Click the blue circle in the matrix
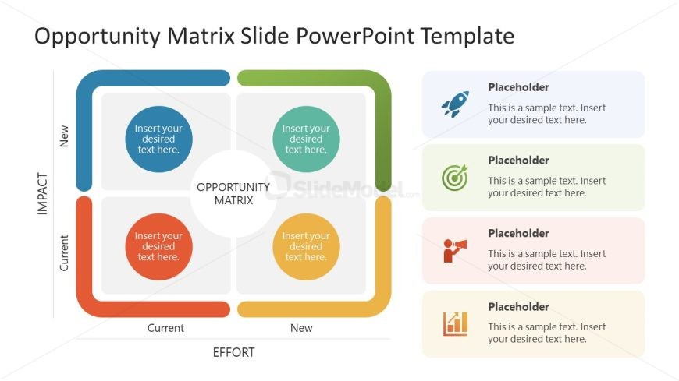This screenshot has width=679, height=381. [x=158, y=139]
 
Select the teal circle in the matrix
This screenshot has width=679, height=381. [x=306, y=139]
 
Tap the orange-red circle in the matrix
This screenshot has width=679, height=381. [x=158, y=246]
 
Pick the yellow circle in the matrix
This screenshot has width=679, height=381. [x=306, y=246]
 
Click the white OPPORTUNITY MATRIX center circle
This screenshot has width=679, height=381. [x=233, y=193]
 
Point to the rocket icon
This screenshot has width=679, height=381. [x=454, y=104]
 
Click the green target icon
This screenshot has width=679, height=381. [x=454, y=177]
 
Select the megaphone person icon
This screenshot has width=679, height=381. [x=454, y=250]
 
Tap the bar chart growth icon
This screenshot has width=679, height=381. [x=455, y=323]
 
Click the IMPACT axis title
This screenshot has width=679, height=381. [x=43, y=194]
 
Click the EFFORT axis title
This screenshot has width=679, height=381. [x=233, y=352]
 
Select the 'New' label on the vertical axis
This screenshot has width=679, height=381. [x=64, y=136]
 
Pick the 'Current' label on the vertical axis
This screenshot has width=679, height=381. [x=64, y=252]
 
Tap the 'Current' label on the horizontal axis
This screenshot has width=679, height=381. [x=165, y=328]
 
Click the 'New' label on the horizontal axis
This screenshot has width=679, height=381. [x=301, y=328]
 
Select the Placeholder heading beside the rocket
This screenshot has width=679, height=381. [x=518, y=87]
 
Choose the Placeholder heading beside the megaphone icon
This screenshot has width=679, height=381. [x=518, y=233]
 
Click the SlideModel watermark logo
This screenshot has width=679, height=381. [x=343, y=187]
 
